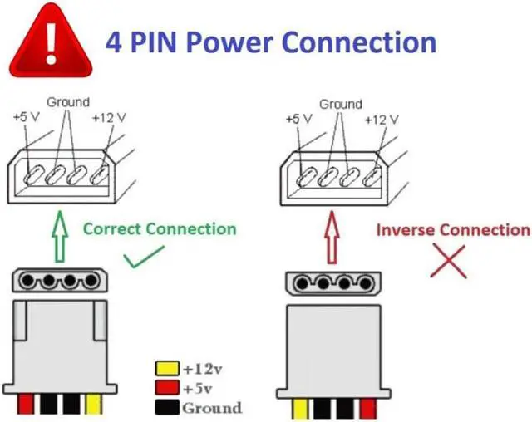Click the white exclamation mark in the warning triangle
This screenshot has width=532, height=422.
[52, 42]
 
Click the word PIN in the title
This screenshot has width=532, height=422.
[154, 42]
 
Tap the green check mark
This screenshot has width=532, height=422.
[144, 257]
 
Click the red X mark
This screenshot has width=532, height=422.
[448, 262]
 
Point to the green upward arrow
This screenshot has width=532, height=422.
[60, 237]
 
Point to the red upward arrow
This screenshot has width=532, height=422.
[332, 238]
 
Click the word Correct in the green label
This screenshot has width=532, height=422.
[112, 229]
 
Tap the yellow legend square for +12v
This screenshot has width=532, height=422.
[167, 369]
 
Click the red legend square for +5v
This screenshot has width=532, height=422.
[167, 388]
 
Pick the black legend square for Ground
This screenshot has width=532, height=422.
[167, 407]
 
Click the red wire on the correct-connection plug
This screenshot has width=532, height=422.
[26, 404]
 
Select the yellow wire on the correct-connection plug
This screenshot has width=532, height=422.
[94, 404]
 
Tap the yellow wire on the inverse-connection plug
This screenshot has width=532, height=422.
[300, 409]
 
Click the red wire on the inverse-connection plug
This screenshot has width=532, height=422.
[368, 409]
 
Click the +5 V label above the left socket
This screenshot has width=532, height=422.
[27, 117]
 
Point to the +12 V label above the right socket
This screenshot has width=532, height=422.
[382, 120]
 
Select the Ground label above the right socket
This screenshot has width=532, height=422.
[341, 104]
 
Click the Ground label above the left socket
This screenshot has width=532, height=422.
[68, 102]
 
